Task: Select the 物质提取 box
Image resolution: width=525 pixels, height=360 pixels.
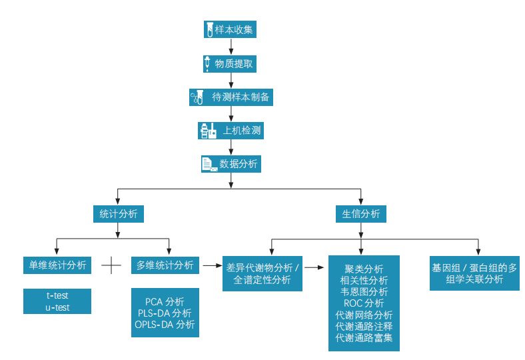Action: (x=230, y=64)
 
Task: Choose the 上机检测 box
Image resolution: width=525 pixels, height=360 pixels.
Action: (x=231, y=131)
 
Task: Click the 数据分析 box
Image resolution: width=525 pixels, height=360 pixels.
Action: (x=231, y=164)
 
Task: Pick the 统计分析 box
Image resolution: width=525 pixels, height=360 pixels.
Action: (x=119, y=213)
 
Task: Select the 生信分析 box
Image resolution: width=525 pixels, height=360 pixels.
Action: (x=361, y=213)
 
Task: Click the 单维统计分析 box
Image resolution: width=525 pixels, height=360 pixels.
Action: (x=56, y=265)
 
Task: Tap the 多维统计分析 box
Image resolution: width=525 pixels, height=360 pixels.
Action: (x=165, y=265)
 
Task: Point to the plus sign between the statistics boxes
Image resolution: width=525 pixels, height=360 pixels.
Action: (x=111, y=265)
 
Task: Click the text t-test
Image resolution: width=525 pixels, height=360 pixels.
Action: (x=57, y=295)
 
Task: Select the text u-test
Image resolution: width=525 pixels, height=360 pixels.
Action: (x=57, y=307)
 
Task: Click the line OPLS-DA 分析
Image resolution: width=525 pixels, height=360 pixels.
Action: (x=165, y=325)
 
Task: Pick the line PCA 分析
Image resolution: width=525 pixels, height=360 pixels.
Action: (x=165, y=301)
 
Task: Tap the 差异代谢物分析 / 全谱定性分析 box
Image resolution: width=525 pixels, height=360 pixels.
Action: (x=262, y=273)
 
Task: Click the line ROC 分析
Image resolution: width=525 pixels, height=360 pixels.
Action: (x=364, y=303)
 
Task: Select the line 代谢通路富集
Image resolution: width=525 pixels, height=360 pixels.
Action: (x=364, y=338)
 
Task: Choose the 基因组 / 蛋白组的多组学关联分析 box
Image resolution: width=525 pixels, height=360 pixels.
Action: (x=474, y=273)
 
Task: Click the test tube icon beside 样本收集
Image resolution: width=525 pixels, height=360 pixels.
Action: (x=209, y=29)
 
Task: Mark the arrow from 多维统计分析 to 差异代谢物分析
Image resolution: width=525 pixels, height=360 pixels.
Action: (x=211, y=265)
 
